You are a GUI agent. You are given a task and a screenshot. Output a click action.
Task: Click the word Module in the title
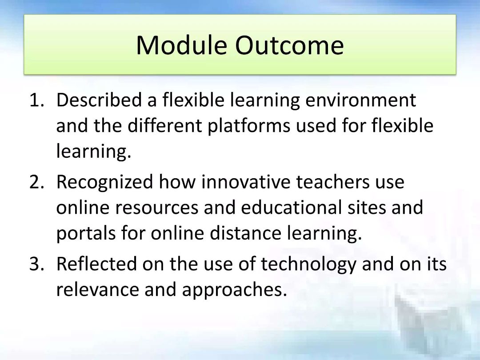(x=181, y=45)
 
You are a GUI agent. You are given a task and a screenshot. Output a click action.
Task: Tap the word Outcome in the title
(x=290, y=45)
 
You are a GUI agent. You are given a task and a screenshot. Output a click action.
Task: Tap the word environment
(x=360, y=100)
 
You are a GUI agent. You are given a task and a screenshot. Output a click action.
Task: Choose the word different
(x=165, y=125)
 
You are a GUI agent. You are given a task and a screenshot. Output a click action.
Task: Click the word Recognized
(x=105, y=182)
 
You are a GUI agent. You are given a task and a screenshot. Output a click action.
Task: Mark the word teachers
(x=333, y=182)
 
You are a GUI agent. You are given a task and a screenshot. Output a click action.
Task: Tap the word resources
(x=157, y=208)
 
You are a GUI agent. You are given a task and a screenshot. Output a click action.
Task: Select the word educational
(x=291, y=207)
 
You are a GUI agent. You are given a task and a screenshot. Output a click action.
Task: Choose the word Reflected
(x=96, y=264)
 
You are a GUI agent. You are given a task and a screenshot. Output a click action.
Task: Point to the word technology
(x=308, y=264)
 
